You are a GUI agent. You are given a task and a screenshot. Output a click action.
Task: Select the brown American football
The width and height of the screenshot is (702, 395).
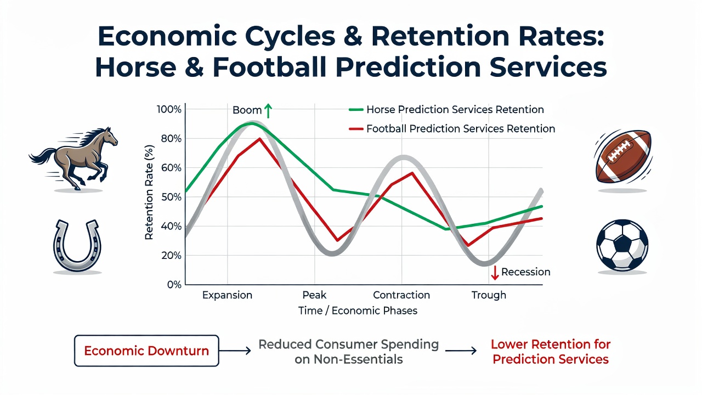pyautogui.click(x=624, y=157)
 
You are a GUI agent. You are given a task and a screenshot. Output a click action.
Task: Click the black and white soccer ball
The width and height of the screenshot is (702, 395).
pyautogui.click(x=622, y=245)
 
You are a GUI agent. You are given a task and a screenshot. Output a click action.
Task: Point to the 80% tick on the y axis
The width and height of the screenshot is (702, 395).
pyautogui.click(x=171, y=139)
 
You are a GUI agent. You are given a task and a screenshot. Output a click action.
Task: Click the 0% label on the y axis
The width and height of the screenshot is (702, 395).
pyautogui.click(x=174, y=285)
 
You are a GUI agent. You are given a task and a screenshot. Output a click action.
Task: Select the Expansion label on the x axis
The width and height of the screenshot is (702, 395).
pyautogui.click(x=227, y=295)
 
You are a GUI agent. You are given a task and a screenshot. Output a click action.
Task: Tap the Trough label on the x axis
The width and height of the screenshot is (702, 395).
pyautogui.click(x=489, y=295)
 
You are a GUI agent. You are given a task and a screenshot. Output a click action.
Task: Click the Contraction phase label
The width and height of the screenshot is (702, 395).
pyautogui.click(x=401, y=295)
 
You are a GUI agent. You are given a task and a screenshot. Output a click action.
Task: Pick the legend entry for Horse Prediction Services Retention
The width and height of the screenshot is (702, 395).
pyautogui.click(x=446, y=109)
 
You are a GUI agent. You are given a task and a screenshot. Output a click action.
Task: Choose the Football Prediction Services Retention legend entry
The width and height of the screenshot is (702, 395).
pyautogui.click(x=452, y=128)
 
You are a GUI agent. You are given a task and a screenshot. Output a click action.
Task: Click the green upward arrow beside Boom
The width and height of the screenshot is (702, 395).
pyautogui.click(x=268, y=111)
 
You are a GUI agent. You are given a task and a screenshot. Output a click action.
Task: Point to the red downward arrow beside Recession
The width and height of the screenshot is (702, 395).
pyautogui.click(x=495, y=273)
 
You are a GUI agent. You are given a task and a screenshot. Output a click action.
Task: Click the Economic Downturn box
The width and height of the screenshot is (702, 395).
pyautogui.click(x=146, y=351)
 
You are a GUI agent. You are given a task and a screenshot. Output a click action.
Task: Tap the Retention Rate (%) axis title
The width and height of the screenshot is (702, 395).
pyautogui.click(x=149, y=193)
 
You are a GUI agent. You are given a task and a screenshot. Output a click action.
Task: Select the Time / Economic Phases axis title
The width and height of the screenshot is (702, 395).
pyautogui.click(x=358, y=311)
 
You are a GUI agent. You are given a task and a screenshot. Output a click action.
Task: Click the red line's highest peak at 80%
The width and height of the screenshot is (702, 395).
pyautogui.click(x=260, y=139)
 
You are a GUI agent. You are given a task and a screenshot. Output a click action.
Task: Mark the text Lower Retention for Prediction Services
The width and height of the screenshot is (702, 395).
pyautogui.click(x=551, y=352)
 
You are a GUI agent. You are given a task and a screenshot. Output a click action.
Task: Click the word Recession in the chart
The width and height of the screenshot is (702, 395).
pyautogui.click(x=525, y=272)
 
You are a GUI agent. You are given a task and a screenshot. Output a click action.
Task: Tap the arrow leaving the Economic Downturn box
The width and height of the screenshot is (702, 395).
pyautogui.click(x=235, y=351)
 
